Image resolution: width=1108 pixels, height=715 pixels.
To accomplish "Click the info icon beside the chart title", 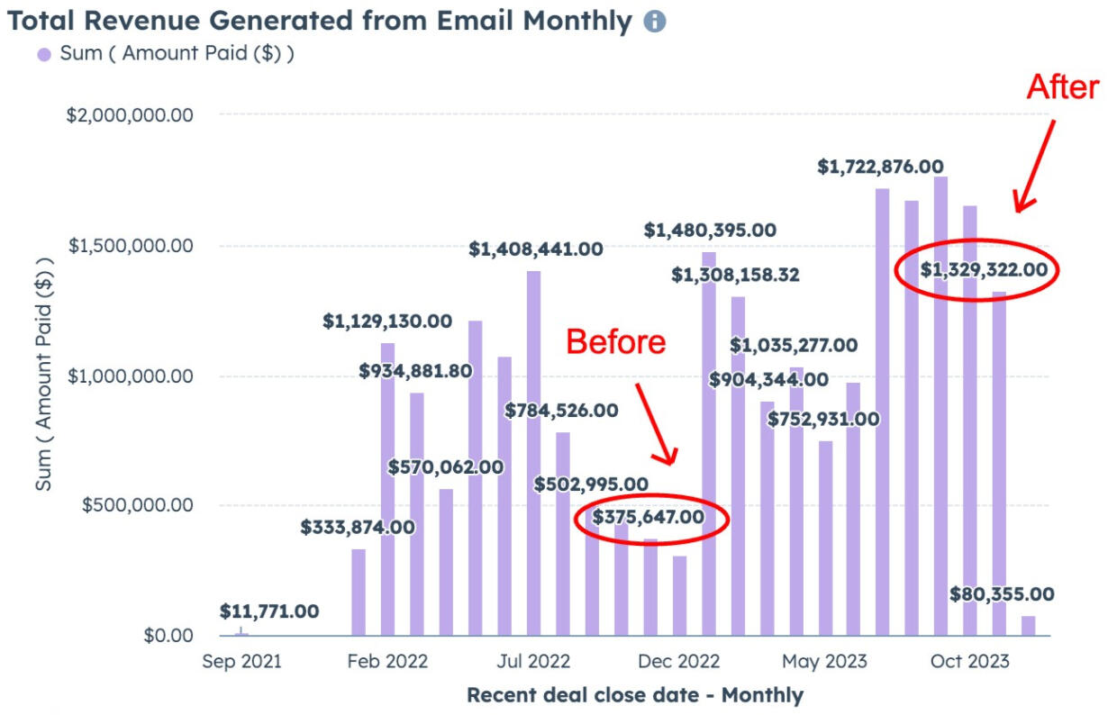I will [x=655, y=22].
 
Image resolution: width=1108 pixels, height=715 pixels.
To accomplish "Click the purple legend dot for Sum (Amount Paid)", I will [x=43, y=54].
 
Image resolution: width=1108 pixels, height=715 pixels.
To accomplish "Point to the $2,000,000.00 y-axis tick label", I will [x=131, y=115].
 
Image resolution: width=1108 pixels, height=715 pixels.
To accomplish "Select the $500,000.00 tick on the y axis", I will [x=138, y=505].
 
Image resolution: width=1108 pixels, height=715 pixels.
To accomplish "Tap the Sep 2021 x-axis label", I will [x=241, y=662].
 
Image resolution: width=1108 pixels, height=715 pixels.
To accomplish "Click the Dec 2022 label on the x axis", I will [x=679, y=662].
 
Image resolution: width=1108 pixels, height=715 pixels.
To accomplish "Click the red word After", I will [x=1063, y=87].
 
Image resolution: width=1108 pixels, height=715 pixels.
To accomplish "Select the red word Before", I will [x=616, y=341].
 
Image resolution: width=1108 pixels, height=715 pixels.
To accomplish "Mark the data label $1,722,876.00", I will [x=880, y=167].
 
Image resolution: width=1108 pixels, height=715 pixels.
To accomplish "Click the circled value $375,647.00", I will [x=648, y=517].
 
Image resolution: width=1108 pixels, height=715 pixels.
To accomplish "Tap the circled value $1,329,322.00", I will [x=984, y=268].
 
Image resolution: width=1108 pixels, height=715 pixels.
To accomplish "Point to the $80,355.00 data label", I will [x=1002, y=594].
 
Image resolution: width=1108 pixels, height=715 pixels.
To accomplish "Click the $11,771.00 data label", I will [x=269, y=611].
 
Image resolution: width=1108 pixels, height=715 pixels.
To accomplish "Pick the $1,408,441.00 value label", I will [x=535, y=249].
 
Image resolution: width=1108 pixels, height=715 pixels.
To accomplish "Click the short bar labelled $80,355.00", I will [x=1028, y=626].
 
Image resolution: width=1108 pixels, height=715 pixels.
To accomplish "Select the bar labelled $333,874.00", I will [x=359, y=592].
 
